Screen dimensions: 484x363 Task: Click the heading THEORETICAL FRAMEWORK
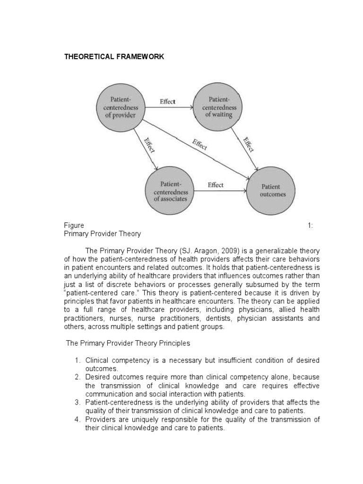(114, 57)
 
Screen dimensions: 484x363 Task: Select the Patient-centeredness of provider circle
(121, 107)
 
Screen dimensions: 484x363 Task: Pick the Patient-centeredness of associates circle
(171, 190)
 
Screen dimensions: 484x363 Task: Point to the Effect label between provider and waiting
(168, 102)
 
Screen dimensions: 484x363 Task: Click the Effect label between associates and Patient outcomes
(216, 185)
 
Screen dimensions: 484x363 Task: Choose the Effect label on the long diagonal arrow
(199, 145)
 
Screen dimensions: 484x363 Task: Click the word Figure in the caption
(74, 225)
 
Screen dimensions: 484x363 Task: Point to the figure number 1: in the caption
(311, 225)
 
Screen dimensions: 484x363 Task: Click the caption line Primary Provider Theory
(103, 234)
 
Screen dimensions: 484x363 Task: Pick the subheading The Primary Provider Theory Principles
(128, 343)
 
